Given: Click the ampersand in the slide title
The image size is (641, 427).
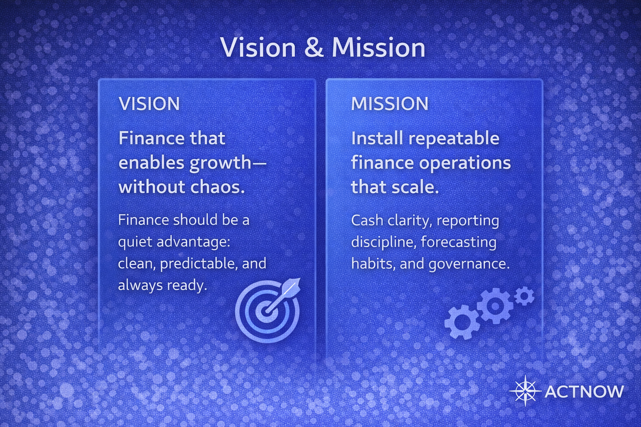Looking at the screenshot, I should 314,48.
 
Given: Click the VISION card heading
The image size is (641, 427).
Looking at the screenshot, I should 149,104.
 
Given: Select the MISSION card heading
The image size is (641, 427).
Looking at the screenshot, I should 389,104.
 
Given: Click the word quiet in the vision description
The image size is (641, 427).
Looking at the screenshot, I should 135,242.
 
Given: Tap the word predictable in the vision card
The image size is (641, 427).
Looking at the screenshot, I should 195,264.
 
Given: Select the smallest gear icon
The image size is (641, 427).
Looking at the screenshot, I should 524,296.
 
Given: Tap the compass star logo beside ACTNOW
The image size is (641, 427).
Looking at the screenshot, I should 525,391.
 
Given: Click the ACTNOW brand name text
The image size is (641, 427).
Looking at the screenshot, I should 584,392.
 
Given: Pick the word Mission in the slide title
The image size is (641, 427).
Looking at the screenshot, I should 379,48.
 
